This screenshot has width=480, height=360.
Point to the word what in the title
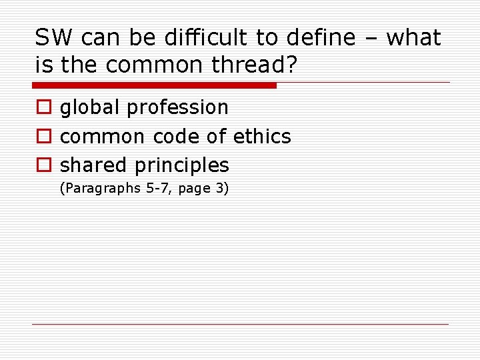pos(413,38)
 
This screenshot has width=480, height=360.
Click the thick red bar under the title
pos(154,85)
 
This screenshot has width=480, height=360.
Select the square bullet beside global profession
pos(43,108)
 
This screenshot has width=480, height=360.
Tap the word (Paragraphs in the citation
pos(99,189)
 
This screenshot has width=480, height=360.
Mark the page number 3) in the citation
pos(221,189)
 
